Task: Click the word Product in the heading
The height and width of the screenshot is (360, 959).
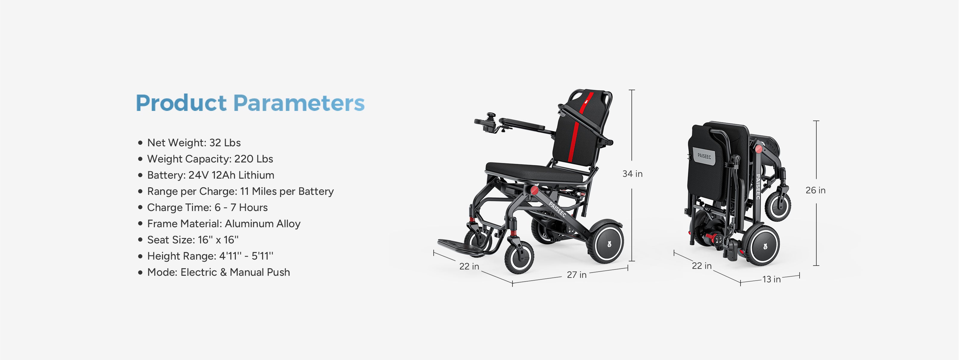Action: (x=181, y=103)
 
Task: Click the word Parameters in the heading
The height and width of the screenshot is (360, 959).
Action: (x=299, y=103)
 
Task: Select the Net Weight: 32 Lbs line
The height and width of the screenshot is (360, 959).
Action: (x=194, y=143)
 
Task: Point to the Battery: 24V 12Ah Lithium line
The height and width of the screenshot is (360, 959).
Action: (x=211, y=175)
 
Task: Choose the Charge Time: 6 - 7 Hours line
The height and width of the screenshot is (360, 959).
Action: (x=207, y=207)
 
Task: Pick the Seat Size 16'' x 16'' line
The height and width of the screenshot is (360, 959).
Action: (x=193, y=240)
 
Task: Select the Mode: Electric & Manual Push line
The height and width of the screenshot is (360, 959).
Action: (x=218, y=272)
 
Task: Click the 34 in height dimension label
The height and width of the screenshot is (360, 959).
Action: (x=633, y=174)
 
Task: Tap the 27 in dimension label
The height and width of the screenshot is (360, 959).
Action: (x=577, y=275)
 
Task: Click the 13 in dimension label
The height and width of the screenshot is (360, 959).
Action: (x=771, y=279)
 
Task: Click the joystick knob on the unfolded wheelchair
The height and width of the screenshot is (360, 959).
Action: (x=492, y=116)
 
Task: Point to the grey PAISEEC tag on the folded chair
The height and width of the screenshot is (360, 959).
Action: (x=704, y=156)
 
